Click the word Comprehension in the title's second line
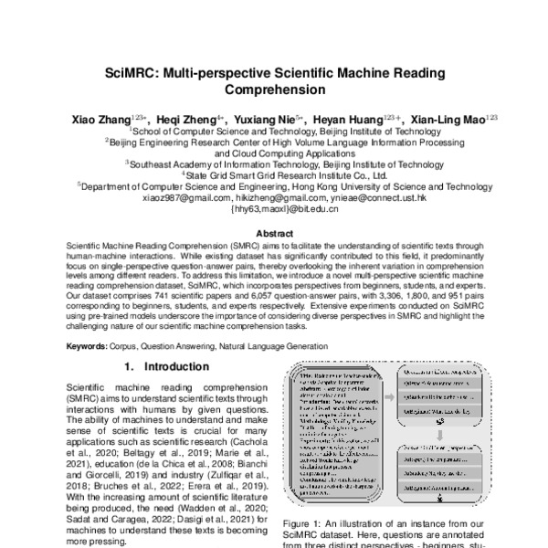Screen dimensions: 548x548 tap(273, 90)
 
